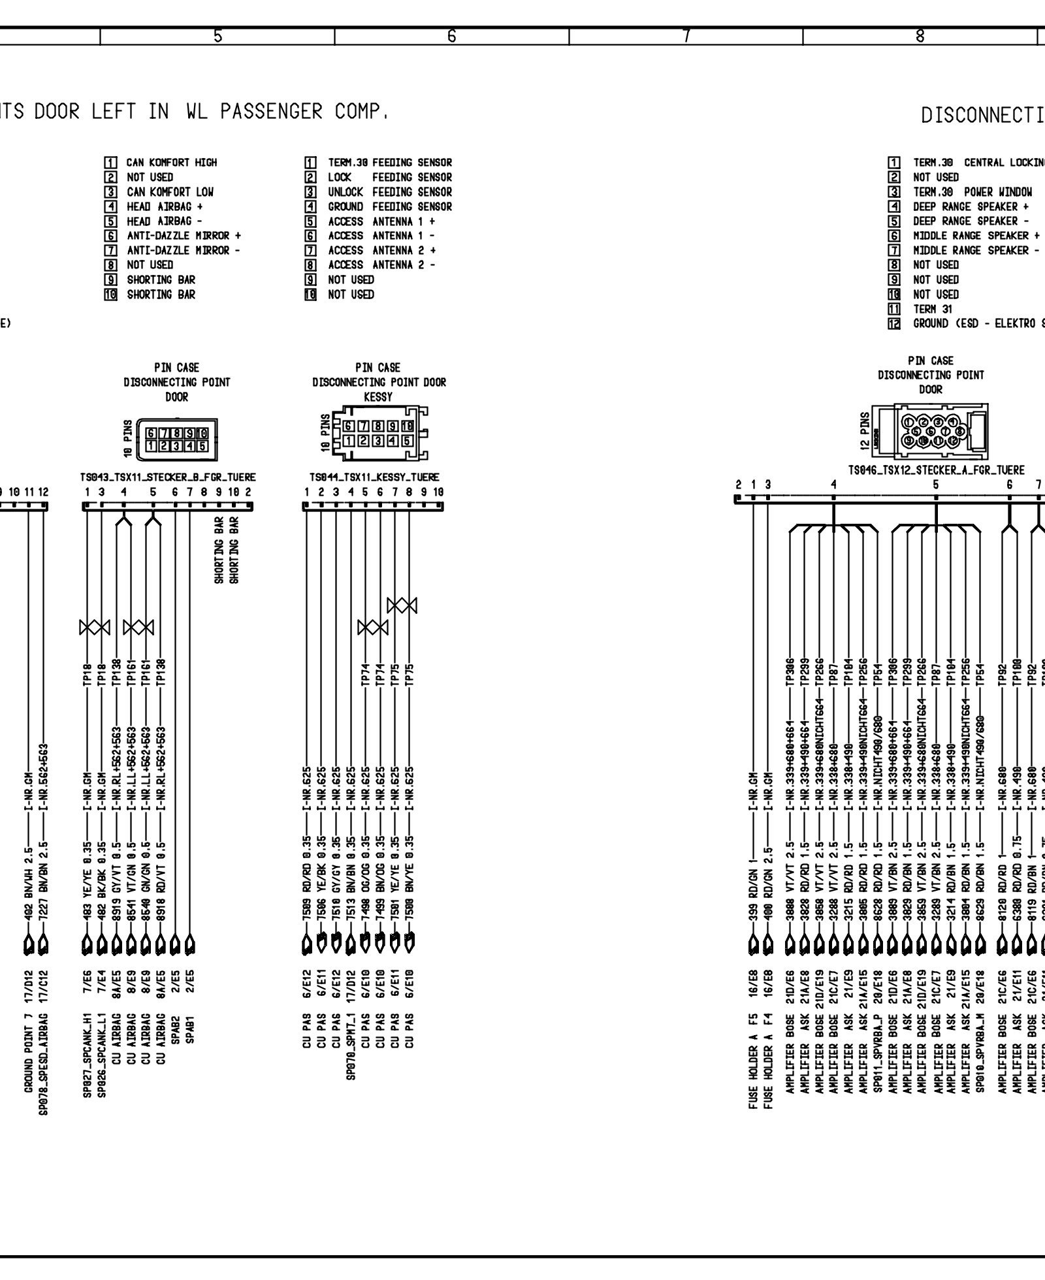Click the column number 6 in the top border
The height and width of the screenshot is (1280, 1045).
451,37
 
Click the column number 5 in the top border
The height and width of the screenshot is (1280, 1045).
217,37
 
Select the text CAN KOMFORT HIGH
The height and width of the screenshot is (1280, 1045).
171,162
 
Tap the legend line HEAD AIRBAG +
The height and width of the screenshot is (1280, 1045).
165,206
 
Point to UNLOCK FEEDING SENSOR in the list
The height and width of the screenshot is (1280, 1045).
389,192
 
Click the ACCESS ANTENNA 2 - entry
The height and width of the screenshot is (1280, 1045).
381,265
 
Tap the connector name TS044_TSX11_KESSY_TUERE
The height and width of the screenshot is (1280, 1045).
374,477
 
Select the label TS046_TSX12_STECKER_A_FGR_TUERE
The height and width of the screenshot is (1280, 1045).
936,470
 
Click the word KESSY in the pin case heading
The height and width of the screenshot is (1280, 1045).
378,396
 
